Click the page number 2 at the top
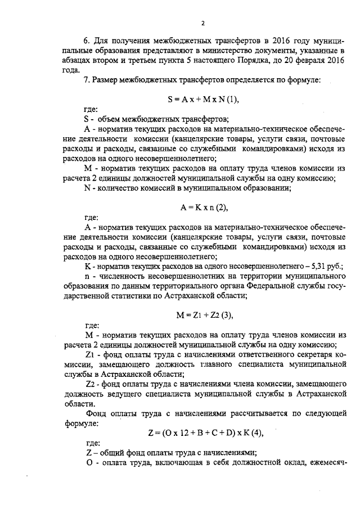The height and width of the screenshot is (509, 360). [202, 23]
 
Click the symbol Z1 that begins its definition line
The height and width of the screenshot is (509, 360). [89, 355]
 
